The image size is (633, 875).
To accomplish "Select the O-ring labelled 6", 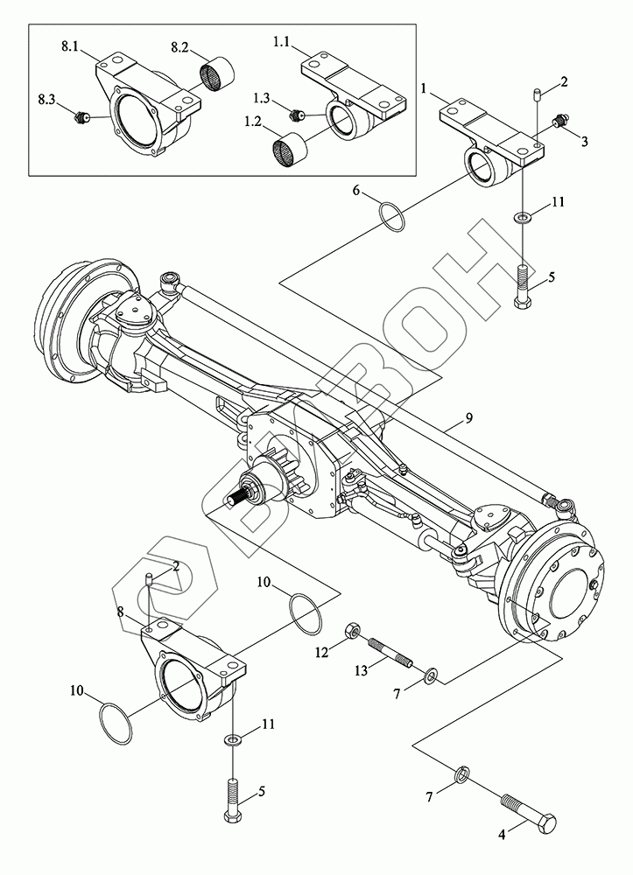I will [392, 215].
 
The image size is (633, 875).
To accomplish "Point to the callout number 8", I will [120, 612].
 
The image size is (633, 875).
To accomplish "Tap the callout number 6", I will [355, 190].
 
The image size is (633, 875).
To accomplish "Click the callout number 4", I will [502, 836].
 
